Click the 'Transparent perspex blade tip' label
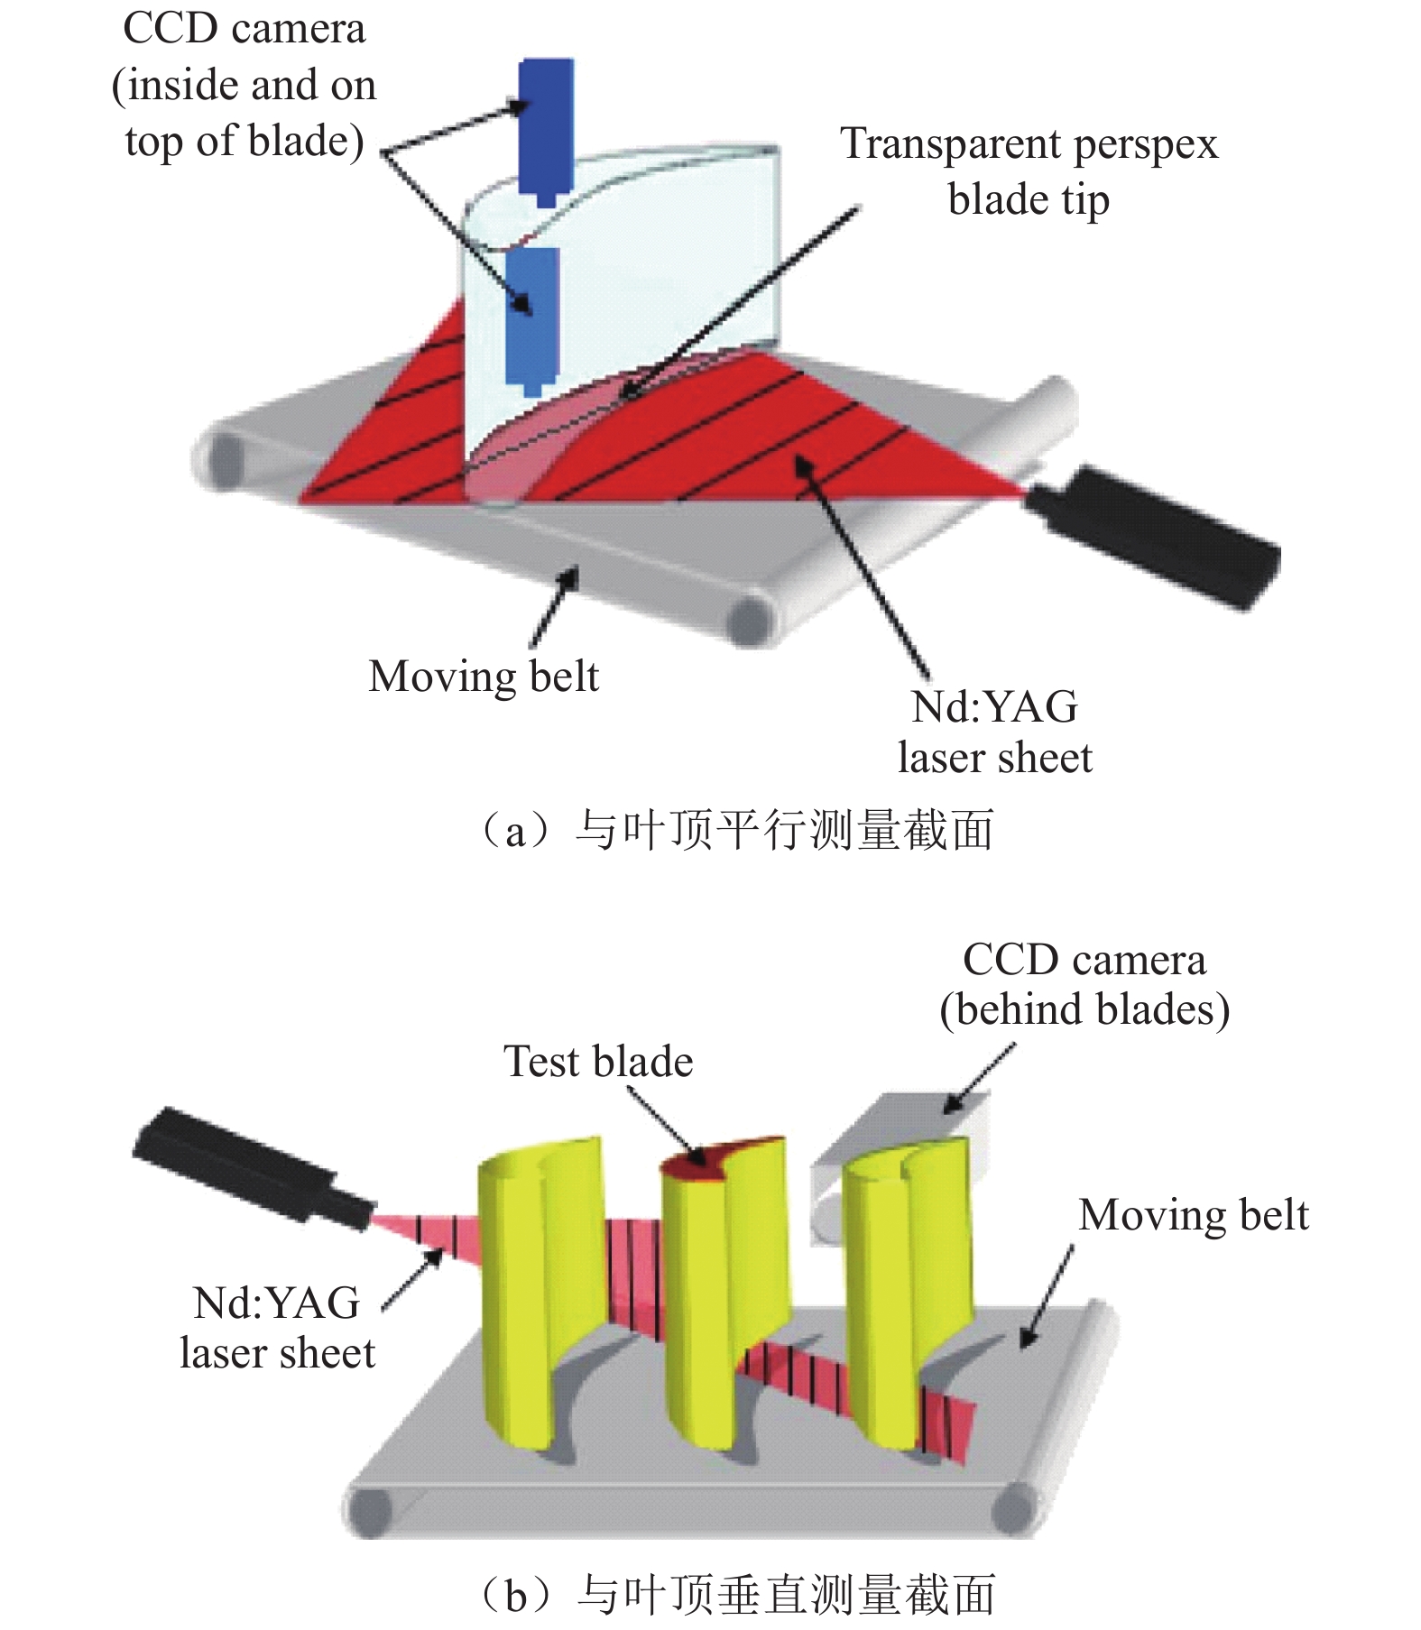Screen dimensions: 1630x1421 point(1029,171)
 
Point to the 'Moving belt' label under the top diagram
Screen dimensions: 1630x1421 point(484,677)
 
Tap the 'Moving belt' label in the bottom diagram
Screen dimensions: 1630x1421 point(1193,1215)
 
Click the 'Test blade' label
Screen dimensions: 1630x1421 point(598,1062)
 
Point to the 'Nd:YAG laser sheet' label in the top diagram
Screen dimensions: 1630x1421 point(994,732)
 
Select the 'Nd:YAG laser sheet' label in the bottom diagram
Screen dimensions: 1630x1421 point(277,1328)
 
